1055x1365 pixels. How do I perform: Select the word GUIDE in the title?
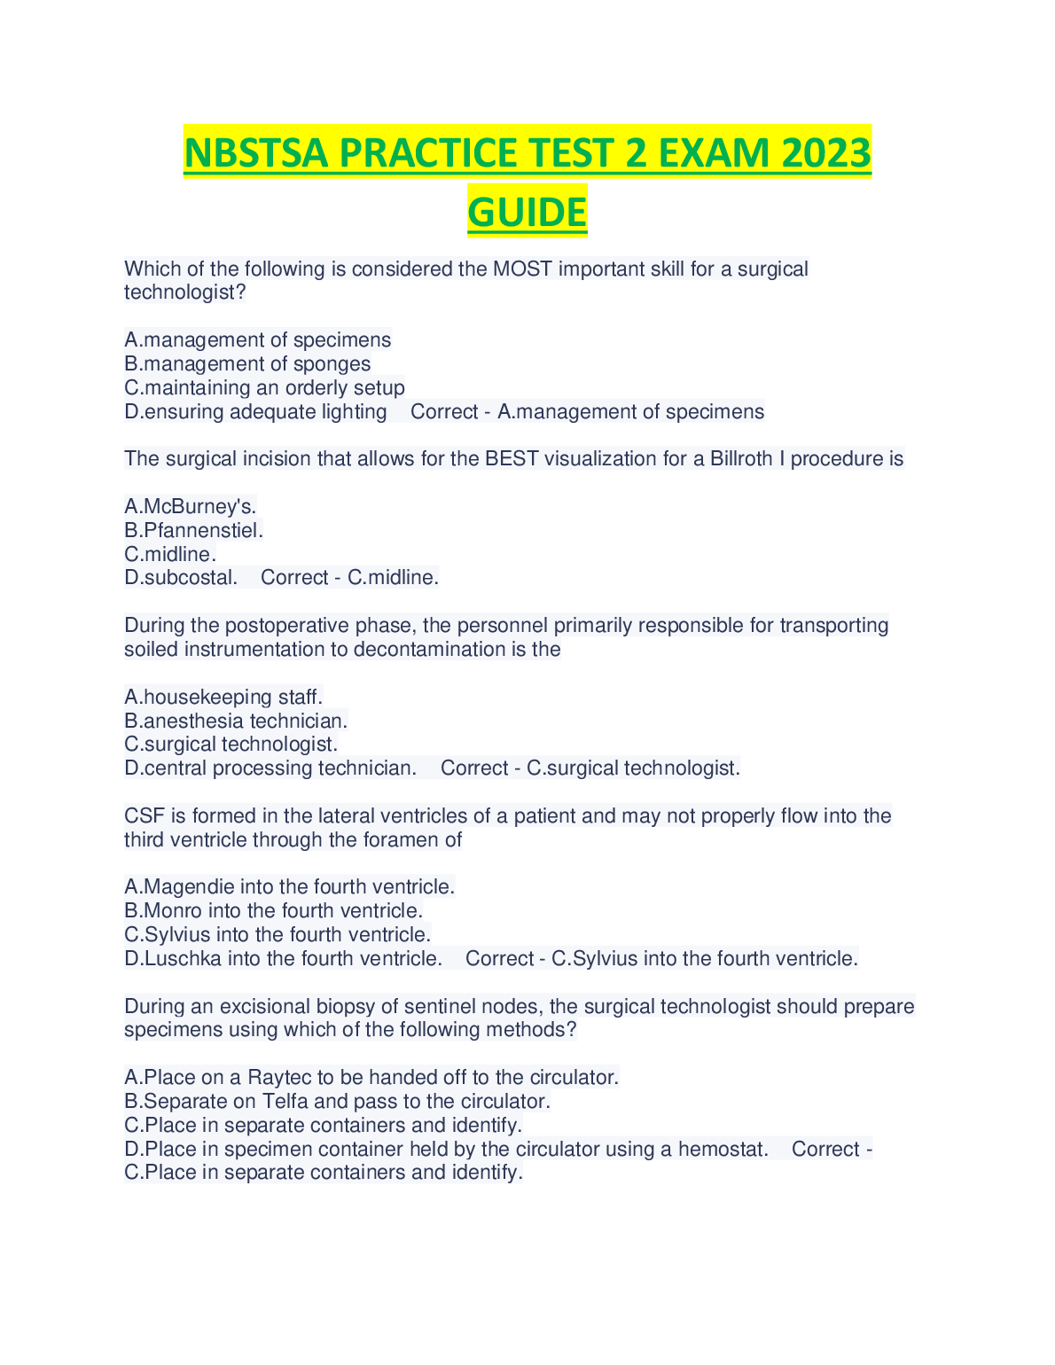[527, 213]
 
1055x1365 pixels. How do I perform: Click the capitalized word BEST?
[512, 459]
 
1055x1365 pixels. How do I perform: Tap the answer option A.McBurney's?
[191, 506]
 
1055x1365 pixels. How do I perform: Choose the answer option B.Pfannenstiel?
[194, 530]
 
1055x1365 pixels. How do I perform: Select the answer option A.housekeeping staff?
[223, 697]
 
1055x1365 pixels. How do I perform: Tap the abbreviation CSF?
[142, 815]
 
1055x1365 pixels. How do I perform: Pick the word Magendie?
[189, 886]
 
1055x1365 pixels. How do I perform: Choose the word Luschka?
[183, 958]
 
